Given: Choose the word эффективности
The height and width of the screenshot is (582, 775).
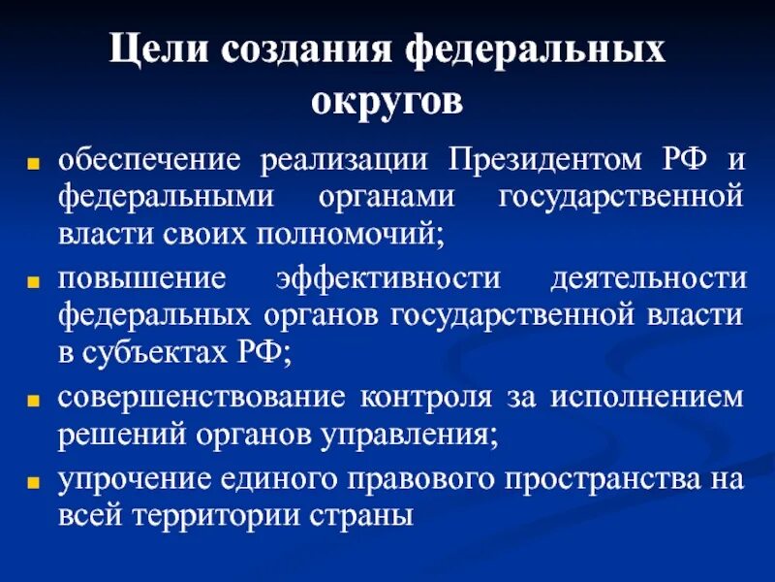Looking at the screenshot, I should (387, 277).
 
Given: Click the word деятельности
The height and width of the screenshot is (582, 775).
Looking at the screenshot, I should (648, 277).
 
